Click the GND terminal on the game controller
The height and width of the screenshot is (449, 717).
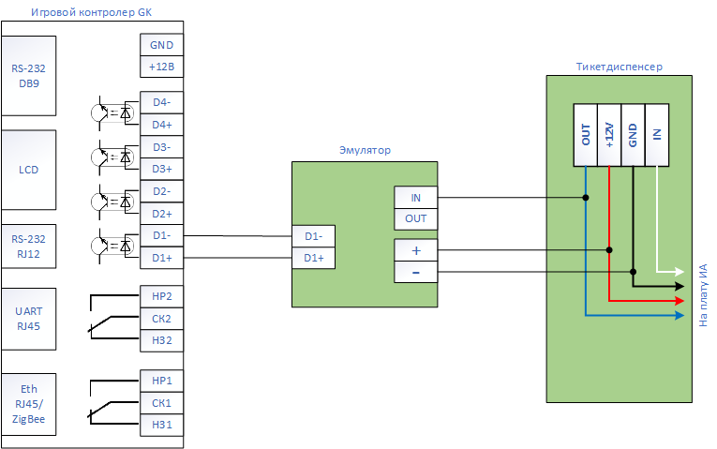(161, 45)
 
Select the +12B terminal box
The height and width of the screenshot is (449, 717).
(161, 67)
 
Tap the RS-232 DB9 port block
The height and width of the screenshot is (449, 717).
(29, 76)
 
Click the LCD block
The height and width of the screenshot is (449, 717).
(29, 170)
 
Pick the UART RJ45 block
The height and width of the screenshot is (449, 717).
(29, 319)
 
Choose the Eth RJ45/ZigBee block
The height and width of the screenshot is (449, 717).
(29, 404)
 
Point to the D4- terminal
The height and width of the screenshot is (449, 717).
(161, 102)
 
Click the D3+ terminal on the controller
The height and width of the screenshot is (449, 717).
(161, 169)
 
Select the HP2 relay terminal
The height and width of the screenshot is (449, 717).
(161, 296)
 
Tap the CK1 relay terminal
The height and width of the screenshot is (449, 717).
(161, 403)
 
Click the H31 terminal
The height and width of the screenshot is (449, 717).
(161, 426)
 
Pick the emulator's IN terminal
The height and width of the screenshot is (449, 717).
(415, 198)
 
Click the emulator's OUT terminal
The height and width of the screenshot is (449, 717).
(415, 219)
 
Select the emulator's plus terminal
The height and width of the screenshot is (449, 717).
(415, 250)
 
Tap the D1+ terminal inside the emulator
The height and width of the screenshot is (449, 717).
(313, 258)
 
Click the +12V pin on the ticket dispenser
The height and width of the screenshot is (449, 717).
(609, 135)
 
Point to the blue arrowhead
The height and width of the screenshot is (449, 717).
(680, 315)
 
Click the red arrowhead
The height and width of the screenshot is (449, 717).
(680, 300)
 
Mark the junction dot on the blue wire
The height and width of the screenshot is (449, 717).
(585, 198)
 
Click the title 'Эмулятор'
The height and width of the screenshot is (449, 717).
(365, 150)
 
